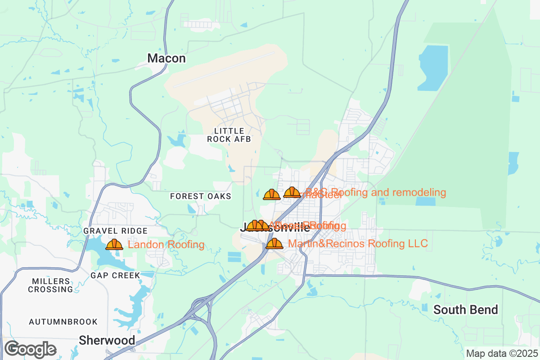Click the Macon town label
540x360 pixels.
tap(166, 58)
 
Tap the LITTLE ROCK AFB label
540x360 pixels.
tap(229, 135)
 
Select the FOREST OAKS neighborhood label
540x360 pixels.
tap(201, 196)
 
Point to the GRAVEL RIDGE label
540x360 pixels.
tap(116, 231)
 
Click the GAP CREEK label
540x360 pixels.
tap(116, 275)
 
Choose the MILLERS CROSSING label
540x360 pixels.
tap(50, 285)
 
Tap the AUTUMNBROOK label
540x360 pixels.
tap(63, 322)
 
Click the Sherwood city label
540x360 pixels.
tap(107, 340)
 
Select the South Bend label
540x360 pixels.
tap(466, 310)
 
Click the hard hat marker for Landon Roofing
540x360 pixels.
tap(114, 244)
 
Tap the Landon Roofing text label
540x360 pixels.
tap(166, 245)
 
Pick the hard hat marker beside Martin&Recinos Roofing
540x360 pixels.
tap(274, 243)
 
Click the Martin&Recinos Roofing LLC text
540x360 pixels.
tap(358, 244)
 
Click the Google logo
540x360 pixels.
tap(31, 349)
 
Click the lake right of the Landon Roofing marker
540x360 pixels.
tap(103, 254)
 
